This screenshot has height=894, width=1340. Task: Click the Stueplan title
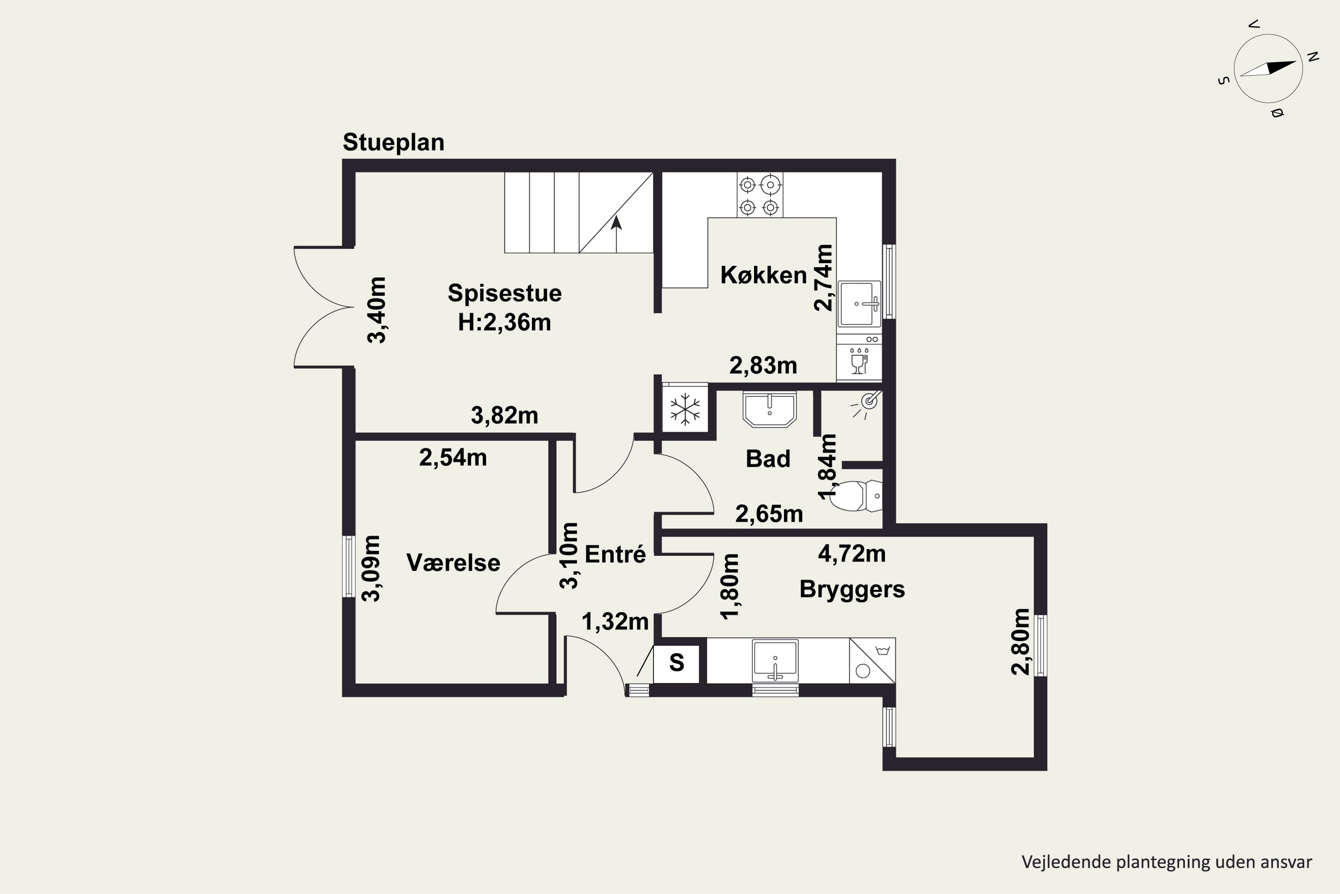(x=393, y=143)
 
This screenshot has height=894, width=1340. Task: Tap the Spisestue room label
(x=505, y=293)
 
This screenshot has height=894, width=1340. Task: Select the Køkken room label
(x=763, y=275)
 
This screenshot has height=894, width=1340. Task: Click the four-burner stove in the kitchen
(x=759, y=195)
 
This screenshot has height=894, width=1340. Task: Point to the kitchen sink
(x=859, y=304)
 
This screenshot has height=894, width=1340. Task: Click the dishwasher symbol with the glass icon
(x=859, y=358)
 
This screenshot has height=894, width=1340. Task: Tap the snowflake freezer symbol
(x=685, y=409)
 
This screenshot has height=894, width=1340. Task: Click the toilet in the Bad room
(x=854, y=495)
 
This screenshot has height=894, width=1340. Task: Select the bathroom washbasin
(x=769, y=409)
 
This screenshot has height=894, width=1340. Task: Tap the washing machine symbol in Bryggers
(x=872, y=660)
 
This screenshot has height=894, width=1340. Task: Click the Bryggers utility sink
(x=775, y=661)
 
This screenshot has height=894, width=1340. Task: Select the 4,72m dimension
(x=852, y=554)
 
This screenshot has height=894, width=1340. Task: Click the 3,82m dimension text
(x=504, y=416)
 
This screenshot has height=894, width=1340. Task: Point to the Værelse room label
(x=453, y=563)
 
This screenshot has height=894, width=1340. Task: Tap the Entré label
(x=616, y=554)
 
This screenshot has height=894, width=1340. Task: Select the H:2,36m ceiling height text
(x=505, y=323)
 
